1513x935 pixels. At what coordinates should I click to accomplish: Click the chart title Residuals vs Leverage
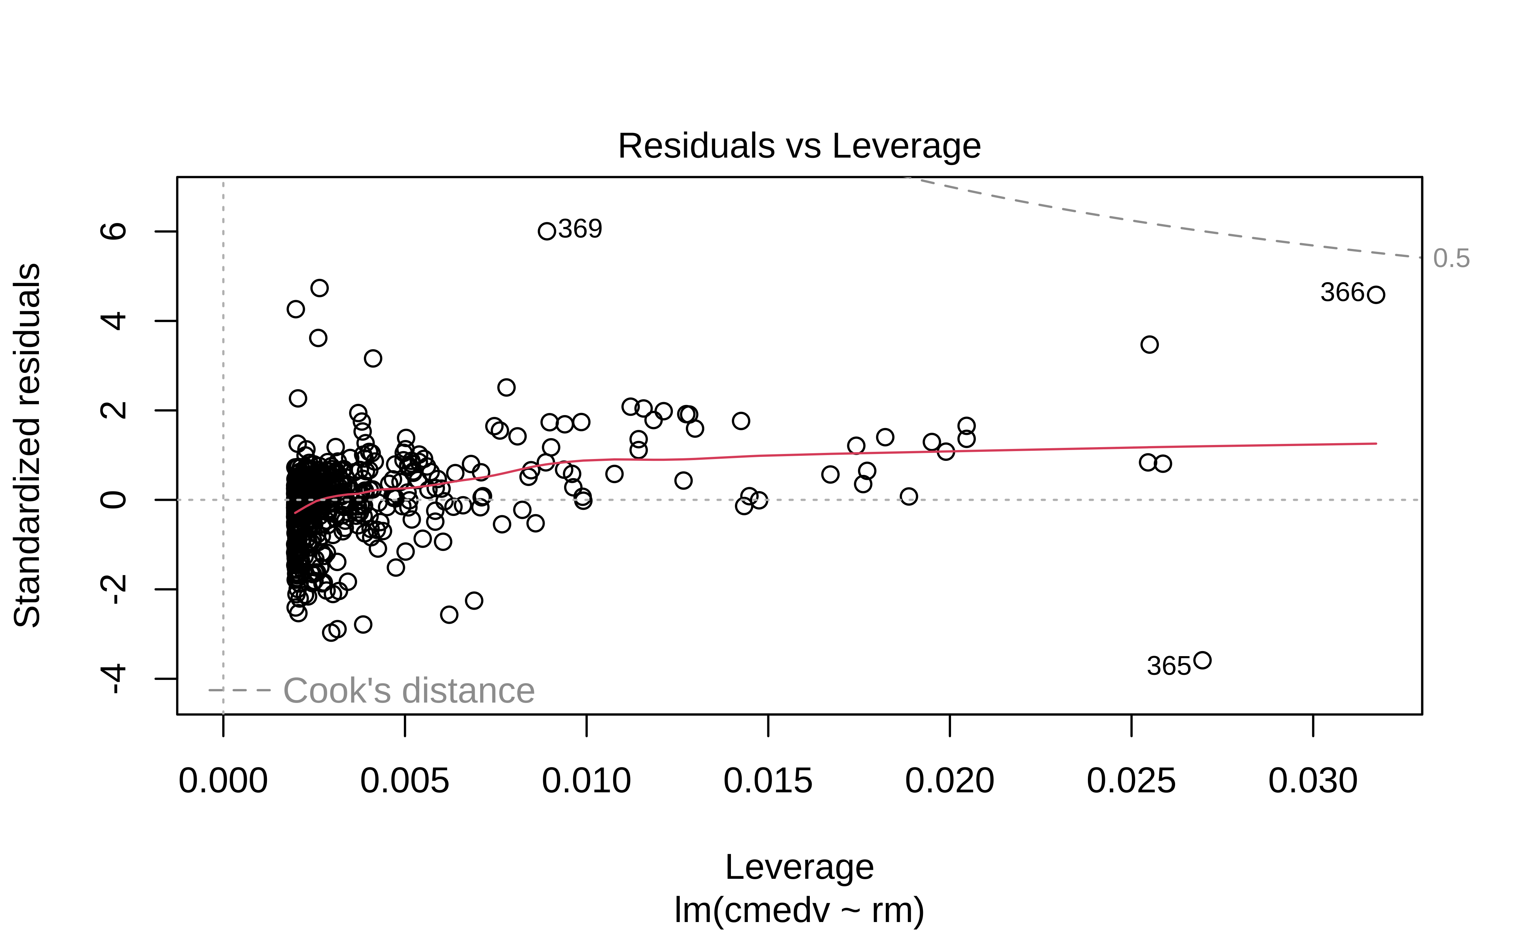tap(799, 147)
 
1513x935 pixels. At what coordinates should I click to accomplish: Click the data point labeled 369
tap(546, 231)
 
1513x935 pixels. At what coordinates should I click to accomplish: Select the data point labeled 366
tap(1376, 295)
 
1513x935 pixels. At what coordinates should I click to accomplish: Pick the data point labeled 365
tap(1202, 660)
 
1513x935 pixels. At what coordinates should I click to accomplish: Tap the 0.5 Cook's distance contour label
tap(1451, 258)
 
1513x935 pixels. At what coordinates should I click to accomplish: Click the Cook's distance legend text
tap(409, 691)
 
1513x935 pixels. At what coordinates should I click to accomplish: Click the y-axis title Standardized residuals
tap(27, 445)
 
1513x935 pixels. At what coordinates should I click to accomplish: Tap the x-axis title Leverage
tap(799, 867)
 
